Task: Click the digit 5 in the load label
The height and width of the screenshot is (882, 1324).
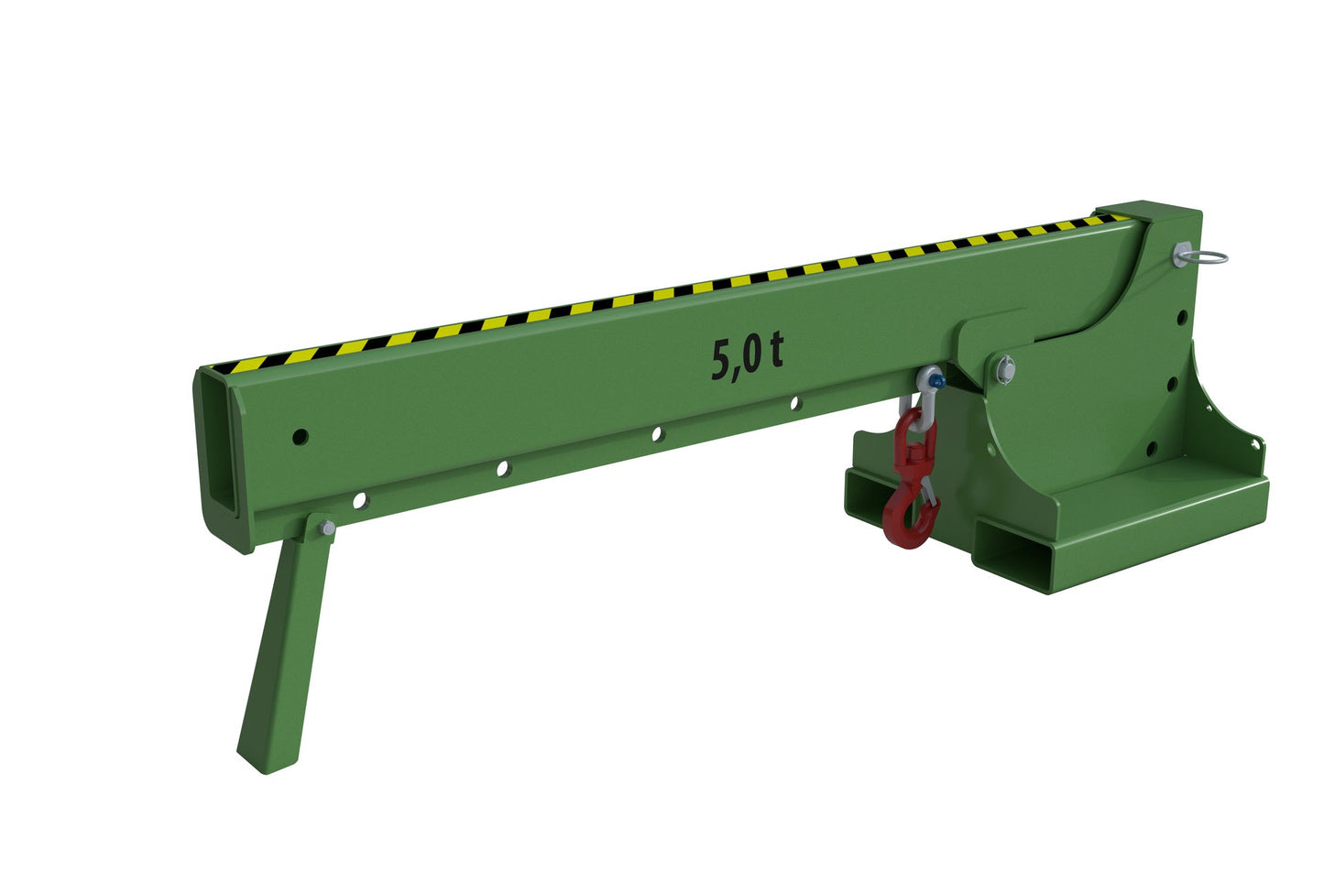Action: coord(721,360)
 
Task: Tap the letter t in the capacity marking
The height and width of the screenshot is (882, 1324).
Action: coord(775,351)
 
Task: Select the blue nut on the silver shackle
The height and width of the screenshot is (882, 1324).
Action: coord(936,383)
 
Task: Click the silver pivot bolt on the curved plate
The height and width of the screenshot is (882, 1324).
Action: coord(1007,368)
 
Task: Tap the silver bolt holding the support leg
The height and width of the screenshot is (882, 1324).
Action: coord(327,528)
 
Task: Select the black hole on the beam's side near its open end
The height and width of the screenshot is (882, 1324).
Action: coord(301,437)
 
